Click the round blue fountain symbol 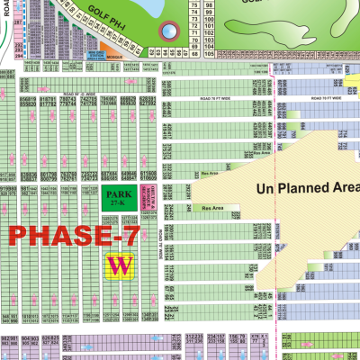[167, 33]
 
